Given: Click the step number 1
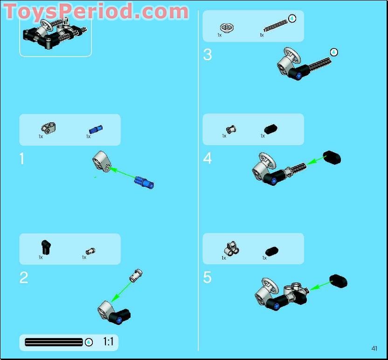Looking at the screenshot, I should [21, 159].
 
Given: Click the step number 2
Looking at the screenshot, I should [24, 278].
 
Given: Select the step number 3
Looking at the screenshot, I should [208, 55].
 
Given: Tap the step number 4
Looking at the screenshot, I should [208, 159].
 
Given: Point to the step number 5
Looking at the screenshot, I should [208, 278].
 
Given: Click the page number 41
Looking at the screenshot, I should [374, 348].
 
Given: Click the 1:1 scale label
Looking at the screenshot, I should [108, 342].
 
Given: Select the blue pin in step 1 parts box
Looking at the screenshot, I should [96, 129].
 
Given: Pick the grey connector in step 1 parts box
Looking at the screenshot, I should [48, 127].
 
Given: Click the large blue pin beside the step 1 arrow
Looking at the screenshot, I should [144, 183].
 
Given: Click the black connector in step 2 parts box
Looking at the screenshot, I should [45, 246].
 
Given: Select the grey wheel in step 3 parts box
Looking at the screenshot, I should [227, 28].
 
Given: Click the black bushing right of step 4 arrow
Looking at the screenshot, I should [332, 157].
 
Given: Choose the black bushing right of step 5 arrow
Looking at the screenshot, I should [338, 281].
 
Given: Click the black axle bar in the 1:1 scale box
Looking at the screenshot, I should [54, 342].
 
